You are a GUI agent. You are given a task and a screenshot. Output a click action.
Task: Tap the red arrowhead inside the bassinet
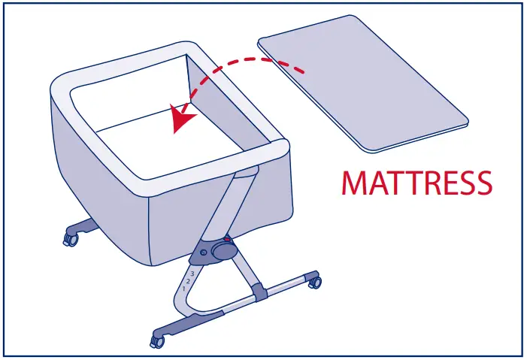pyautogui.click(x=180, y=119)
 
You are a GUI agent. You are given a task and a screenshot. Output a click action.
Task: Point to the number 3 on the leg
pyautogui.click(x=192, y=274)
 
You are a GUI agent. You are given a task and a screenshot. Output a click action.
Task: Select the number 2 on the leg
pyautogui.click(x=188, y=281)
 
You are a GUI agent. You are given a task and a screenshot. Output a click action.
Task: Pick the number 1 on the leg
pyautogui.click(x=183, y=289)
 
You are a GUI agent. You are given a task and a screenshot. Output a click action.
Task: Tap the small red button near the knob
pyautogui.click(x=227, y=238)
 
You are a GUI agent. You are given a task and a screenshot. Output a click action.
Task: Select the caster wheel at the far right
pyautogui.click(x=314, y=283)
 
